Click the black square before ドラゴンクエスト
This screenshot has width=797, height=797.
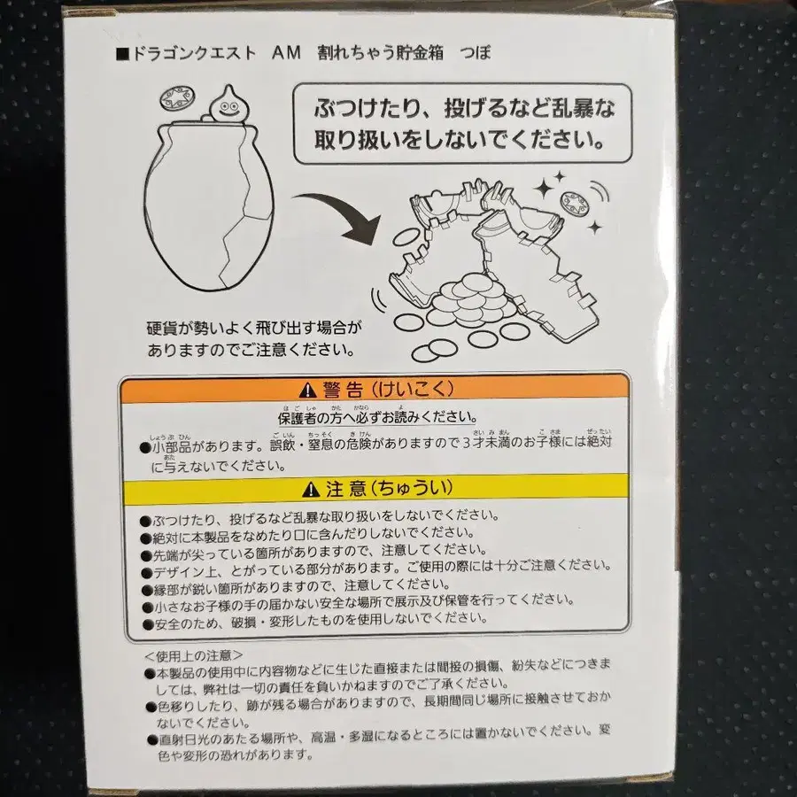tap(123, 54)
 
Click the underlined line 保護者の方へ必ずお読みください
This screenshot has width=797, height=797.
tap(375, 417)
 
